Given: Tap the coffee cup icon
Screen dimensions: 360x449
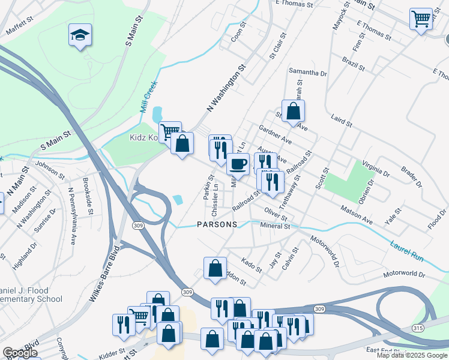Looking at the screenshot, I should (238, 163).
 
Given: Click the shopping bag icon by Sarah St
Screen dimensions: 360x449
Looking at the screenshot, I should (293, 111).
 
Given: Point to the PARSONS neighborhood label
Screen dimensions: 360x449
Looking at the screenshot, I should (217, 224).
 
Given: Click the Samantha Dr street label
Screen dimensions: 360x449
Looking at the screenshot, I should (307, 72).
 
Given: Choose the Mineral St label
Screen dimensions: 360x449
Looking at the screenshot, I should (276, 226).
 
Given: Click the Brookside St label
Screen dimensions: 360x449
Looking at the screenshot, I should (88, 195).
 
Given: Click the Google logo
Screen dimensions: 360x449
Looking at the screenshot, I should (20, 353).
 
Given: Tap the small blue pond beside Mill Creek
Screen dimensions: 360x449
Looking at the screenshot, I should (157, 113).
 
